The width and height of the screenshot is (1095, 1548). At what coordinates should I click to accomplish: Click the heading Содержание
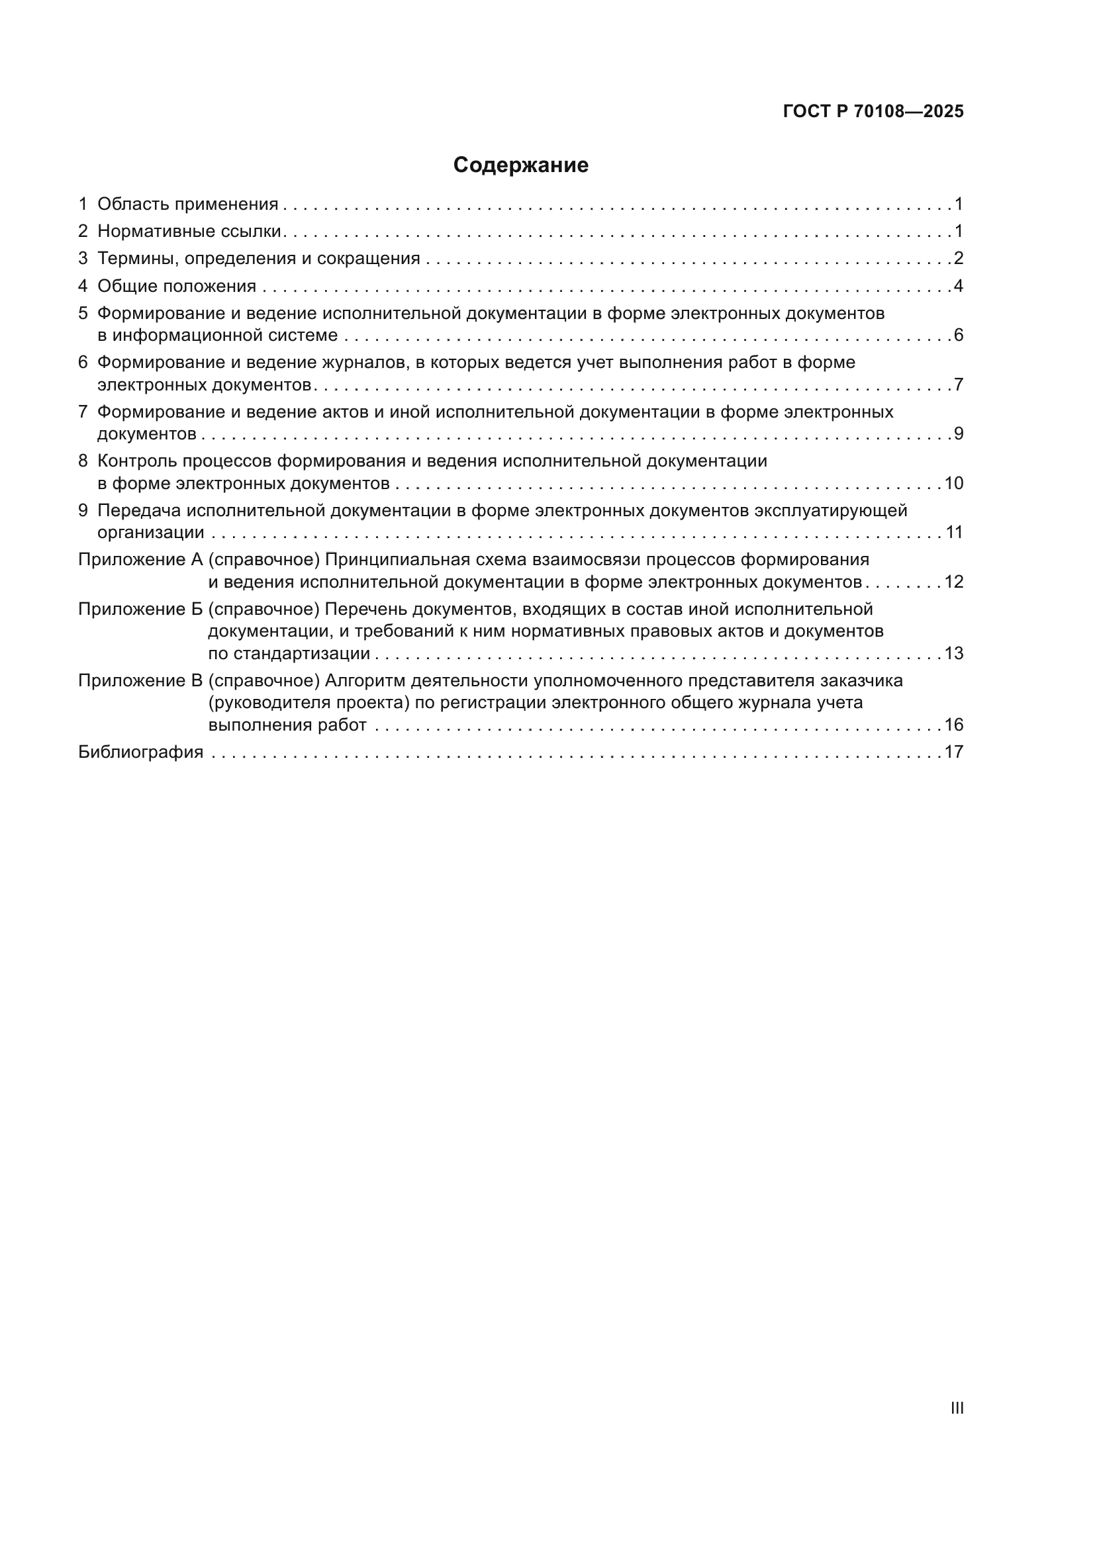point(520,165)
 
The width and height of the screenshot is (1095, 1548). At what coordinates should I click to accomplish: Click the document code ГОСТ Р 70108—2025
point(873,112)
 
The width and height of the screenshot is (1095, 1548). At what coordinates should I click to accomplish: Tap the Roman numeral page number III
point(957,1408)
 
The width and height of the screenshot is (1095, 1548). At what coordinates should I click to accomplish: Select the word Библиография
point(140,752)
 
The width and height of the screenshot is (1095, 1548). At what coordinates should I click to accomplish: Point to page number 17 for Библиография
point(953,752)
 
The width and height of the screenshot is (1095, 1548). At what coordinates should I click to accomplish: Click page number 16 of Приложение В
point(953,725)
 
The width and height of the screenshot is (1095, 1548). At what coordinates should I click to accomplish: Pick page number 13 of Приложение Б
point(953,653)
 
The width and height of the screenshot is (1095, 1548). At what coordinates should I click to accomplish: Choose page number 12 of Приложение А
point(953,582)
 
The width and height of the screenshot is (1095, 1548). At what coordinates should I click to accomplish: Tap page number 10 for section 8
point(953,483)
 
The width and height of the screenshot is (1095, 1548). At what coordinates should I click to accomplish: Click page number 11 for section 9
point(953,533)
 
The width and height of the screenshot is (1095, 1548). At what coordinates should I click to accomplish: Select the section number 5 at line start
point(83,314)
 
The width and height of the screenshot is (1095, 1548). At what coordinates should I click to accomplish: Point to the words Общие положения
point(177,287)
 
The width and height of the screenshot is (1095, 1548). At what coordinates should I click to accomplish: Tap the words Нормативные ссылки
point(189,232)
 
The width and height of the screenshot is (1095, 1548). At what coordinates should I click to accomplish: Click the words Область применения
point(187,205)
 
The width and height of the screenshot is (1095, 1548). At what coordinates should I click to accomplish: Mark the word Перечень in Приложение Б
point(365,610)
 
